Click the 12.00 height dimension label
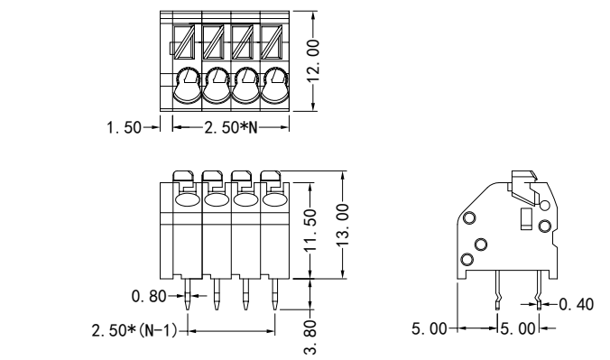[313, 60]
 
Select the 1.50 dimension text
[125, 127]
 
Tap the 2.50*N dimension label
[231, 127]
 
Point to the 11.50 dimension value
[310, 230]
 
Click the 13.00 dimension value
[342, 225]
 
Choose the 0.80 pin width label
[149, 297]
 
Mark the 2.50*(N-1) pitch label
[134, 331]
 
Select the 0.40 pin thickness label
[576, 304]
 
